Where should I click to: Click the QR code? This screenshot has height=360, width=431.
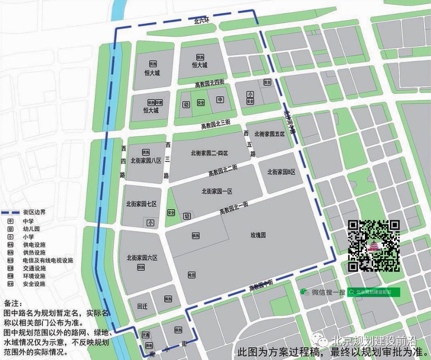pos(374,245)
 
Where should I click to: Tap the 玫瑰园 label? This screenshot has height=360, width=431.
pos(257,235)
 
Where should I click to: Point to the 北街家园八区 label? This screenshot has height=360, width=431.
pos(146,160)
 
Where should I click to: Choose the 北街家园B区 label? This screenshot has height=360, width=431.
pos(281,172)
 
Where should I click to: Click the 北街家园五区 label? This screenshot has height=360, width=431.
pos(270,134)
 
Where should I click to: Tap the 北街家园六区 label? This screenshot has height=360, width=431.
pos(142,258)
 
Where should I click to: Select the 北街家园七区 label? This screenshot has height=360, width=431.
pos(141,204)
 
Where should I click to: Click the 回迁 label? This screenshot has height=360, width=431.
pos(142,307)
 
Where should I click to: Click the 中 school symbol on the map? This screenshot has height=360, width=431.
pos(220,99)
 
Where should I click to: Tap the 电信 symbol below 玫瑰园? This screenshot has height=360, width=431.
pos(191,275)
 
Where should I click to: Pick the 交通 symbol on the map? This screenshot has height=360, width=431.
pos(146,335)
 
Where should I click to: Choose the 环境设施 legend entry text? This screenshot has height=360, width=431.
pos(34,276)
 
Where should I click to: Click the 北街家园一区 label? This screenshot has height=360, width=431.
pos(217,191)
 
